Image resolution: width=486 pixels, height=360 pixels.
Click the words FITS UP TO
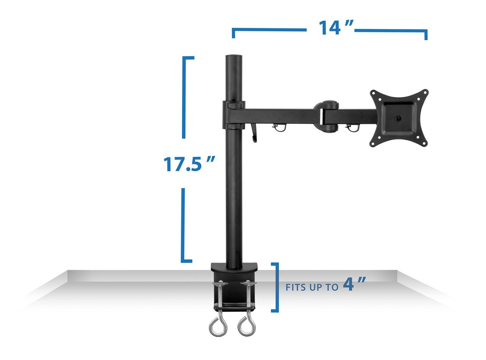(x=312, y=287)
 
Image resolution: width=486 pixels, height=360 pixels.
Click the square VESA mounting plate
(x=399, y=118)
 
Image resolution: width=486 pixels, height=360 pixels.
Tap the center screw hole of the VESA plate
(x=398, y=118)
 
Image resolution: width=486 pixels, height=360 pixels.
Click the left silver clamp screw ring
(x=215, y=327)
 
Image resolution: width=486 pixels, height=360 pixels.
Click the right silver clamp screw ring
(x=246, y=327)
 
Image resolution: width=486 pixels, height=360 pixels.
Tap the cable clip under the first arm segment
(x=279, y=128)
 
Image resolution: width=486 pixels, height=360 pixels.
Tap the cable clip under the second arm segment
(x=351, y=127)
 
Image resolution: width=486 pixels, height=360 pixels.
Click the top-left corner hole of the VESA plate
(x=375, y=94)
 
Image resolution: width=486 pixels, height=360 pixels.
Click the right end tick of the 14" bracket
(x=426, y=35)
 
